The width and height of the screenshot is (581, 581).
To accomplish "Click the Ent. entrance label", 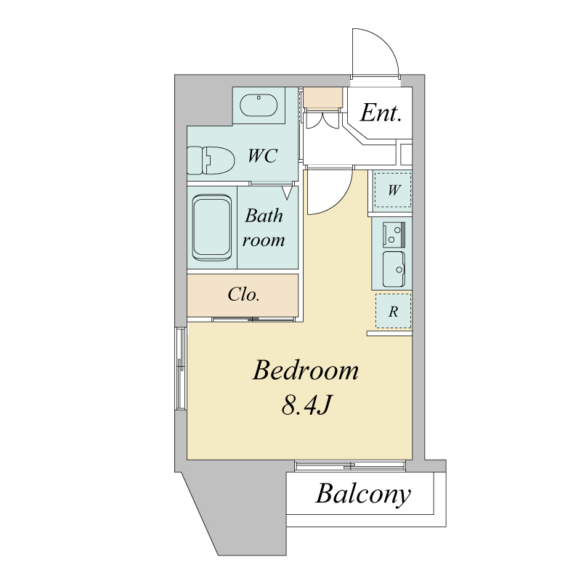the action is tap(381, 113).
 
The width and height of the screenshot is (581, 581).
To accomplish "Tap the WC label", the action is tap(262, 155).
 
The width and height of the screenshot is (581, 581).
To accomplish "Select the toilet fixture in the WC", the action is tap(211, 161).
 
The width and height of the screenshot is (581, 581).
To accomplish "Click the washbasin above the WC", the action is tap(259, 105).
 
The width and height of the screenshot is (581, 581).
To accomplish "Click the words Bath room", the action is tap(264, 227).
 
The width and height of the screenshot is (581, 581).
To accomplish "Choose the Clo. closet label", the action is tap(243, 295).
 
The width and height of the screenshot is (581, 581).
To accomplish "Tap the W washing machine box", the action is tap(393, 190).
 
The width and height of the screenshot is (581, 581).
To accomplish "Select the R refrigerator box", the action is tap(393, 311).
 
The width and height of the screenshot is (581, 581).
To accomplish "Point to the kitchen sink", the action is tap(394, 269).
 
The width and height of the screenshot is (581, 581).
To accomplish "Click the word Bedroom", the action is tap(306, 370).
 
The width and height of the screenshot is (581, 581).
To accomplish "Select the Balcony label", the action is tap(363, 494).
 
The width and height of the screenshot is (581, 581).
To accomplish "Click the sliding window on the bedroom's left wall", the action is tap(181, 368).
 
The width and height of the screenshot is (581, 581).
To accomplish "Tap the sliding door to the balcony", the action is tap(350, 466).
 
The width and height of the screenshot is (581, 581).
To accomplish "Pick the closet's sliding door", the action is tap(253, 319).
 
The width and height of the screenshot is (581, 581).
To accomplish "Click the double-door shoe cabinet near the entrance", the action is tap(321, 119).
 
